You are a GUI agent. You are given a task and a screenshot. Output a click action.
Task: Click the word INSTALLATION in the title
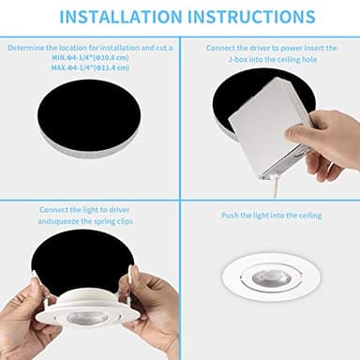pyautogui.click(x=118, y=17)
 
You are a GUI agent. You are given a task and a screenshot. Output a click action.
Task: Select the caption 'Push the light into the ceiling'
pyautogui.click(x=271, y=216)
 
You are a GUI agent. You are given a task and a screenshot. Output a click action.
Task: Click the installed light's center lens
pyautogui.click(x=271, y=278)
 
